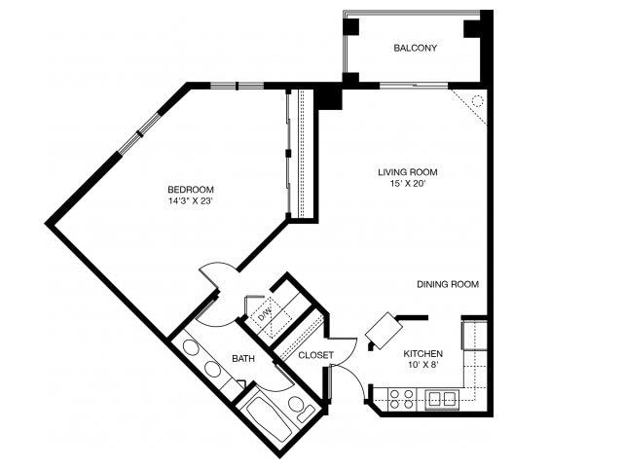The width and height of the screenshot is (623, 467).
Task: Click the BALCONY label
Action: (415, 48)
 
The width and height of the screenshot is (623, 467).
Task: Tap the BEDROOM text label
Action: (191, 189)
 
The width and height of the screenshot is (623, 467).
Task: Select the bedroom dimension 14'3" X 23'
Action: (191, 201)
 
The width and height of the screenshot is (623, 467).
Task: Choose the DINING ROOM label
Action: (448, 284)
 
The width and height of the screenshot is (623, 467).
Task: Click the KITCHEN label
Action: (423, 353)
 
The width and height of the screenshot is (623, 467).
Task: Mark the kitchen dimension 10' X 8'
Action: (423, 366)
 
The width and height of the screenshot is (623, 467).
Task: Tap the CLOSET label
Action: (315, 355)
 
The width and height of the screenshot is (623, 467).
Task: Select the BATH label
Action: (243, 359)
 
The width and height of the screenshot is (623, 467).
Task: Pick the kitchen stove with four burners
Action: (402, 397)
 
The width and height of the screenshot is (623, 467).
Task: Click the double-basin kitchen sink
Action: (443, 397)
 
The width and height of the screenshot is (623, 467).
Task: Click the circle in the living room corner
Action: (477, 100)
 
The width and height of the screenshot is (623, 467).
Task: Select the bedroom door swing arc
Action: (219, 272)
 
